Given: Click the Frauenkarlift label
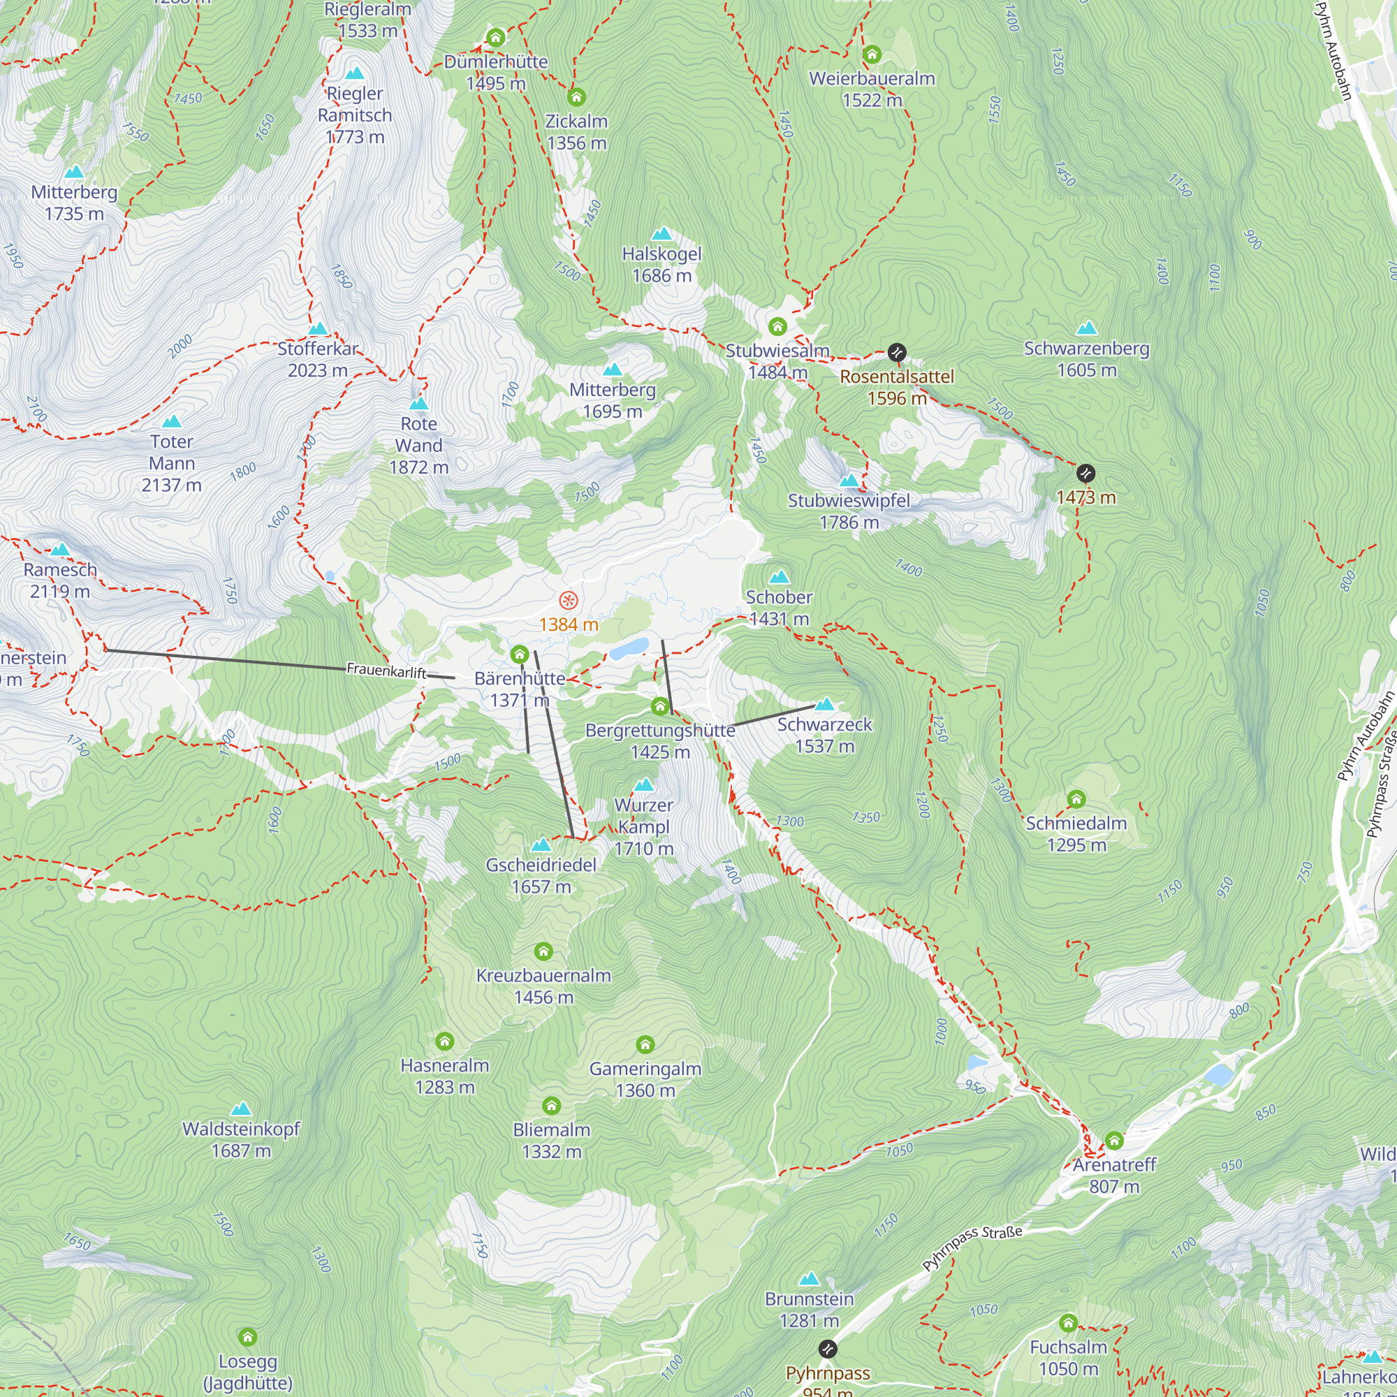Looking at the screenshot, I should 386,671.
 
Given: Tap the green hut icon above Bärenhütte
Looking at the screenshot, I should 519,655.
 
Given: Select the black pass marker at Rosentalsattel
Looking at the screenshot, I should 897,353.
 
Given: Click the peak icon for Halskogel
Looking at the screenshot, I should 661,233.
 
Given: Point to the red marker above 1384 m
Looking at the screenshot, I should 569,600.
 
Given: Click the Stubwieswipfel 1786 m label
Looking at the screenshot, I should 849,511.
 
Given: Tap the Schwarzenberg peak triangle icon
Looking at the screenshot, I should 1086,329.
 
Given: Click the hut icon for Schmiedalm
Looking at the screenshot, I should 1076,799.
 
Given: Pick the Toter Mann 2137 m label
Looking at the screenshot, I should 171,463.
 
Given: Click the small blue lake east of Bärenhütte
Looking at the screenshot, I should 629,649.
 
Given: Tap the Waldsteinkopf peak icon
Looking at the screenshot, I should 241,1109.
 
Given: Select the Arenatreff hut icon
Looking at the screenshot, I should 1113,1141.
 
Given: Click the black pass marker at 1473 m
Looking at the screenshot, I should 1085,474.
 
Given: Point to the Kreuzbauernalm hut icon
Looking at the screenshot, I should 543,951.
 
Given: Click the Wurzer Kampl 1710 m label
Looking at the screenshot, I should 643,826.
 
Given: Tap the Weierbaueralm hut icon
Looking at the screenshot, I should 871,54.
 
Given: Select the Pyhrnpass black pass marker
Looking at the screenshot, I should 827,1350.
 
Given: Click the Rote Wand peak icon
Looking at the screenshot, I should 418,404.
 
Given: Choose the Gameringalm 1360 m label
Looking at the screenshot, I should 645,1079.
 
